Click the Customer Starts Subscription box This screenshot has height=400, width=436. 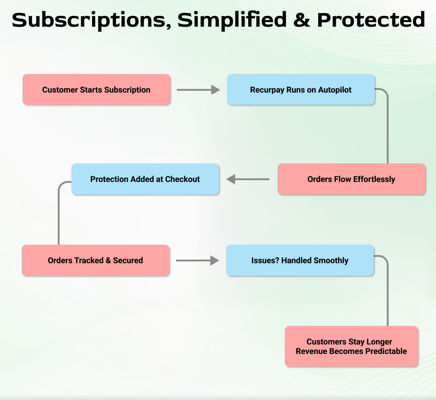click(97, 90)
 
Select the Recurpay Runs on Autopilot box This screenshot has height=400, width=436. click(301, 90)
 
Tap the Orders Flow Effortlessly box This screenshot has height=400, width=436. click(351, 179)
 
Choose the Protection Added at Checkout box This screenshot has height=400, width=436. click(145, 179)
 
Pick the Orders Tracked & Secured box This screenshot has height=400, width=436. click(95, 260)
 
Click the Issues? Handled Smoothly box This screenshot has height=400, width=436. click(300, 260)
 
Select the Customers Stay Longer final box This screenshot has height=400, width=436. click(351, 346)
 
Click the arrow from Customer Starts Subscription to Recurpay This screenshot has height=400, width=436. click(198, 90)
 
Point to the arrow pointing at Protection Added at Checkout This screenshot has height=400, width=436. click(248, 179)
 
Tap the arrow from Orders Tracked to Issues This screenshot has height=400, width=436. click(197, 260)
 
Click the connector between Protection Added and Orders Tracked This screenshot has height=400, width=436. click(59, 212)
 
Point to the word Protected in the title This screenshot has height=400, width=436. click(371, 20)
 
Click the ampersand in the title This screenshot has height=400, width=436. click(301, 20)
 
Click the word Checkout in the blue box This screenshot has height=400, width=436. click(182, 179)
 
